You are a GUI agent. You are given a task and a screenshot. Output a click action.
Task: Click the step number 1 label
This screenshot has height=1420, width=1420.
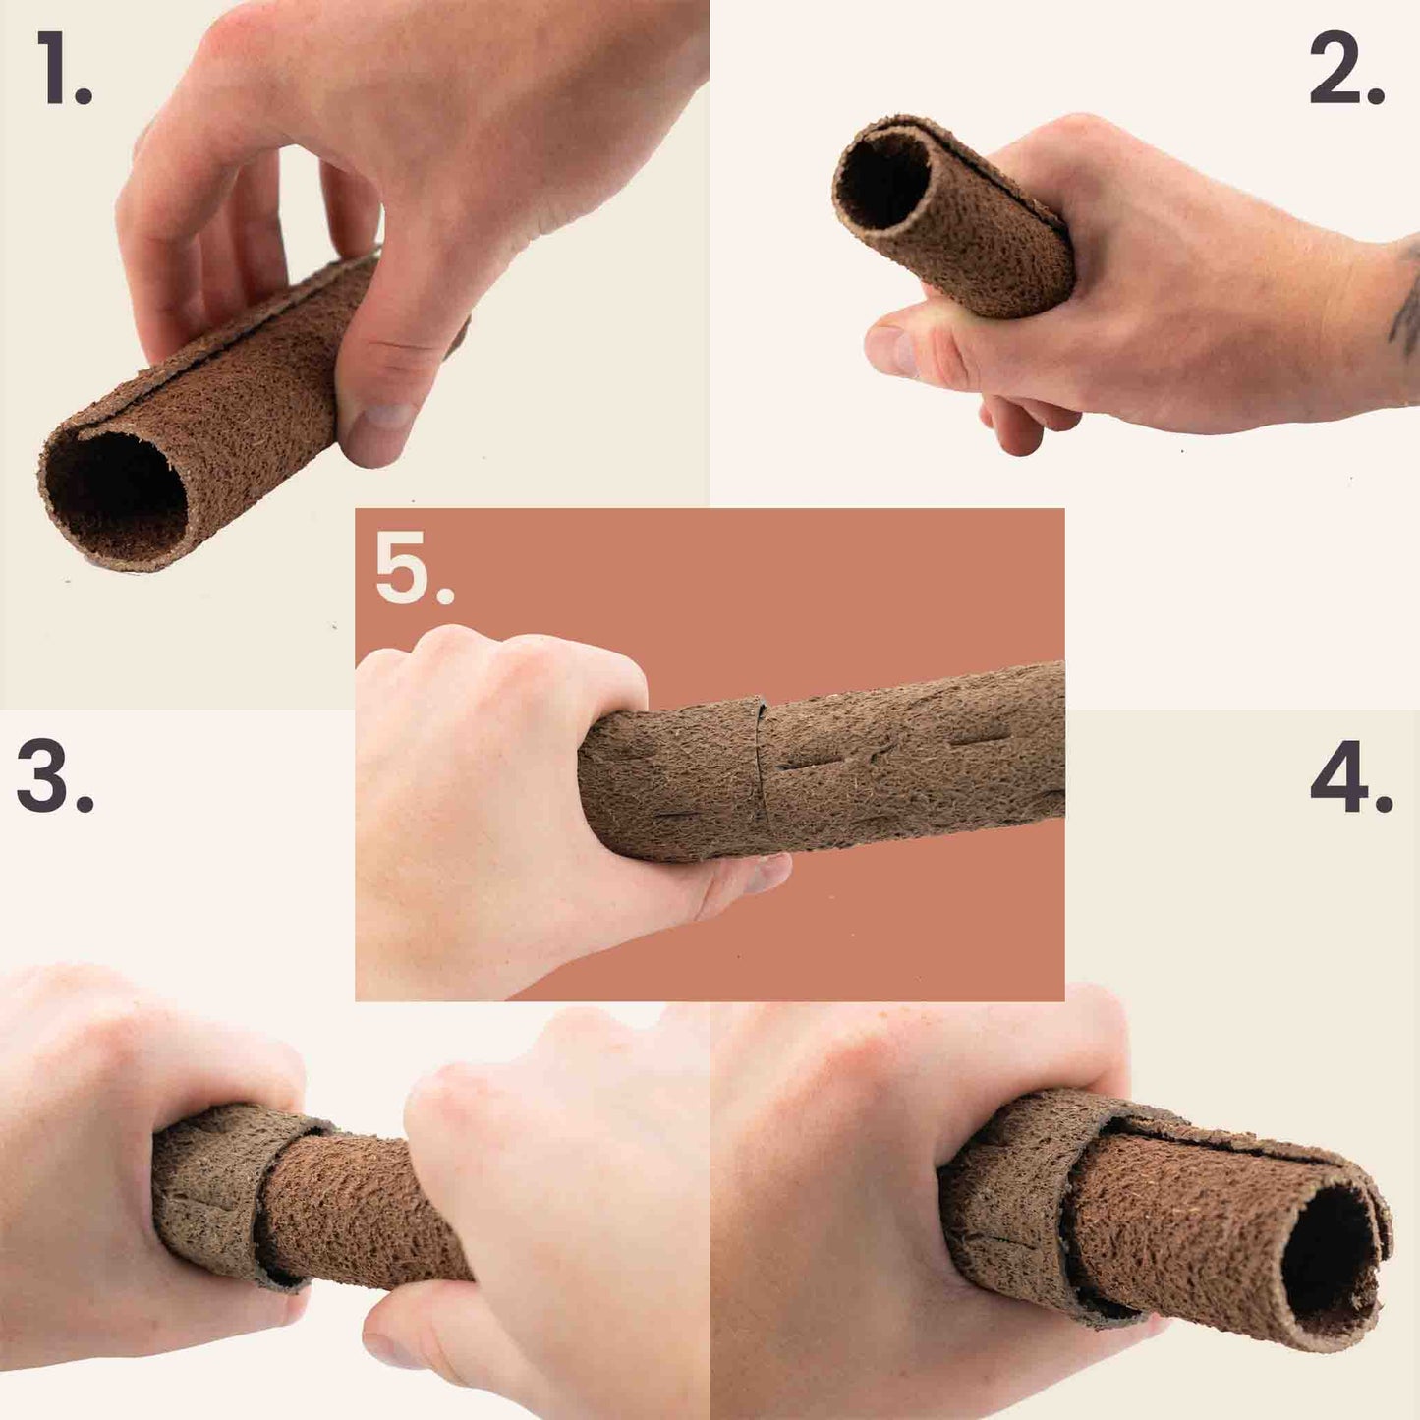[x=65, y=69]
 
